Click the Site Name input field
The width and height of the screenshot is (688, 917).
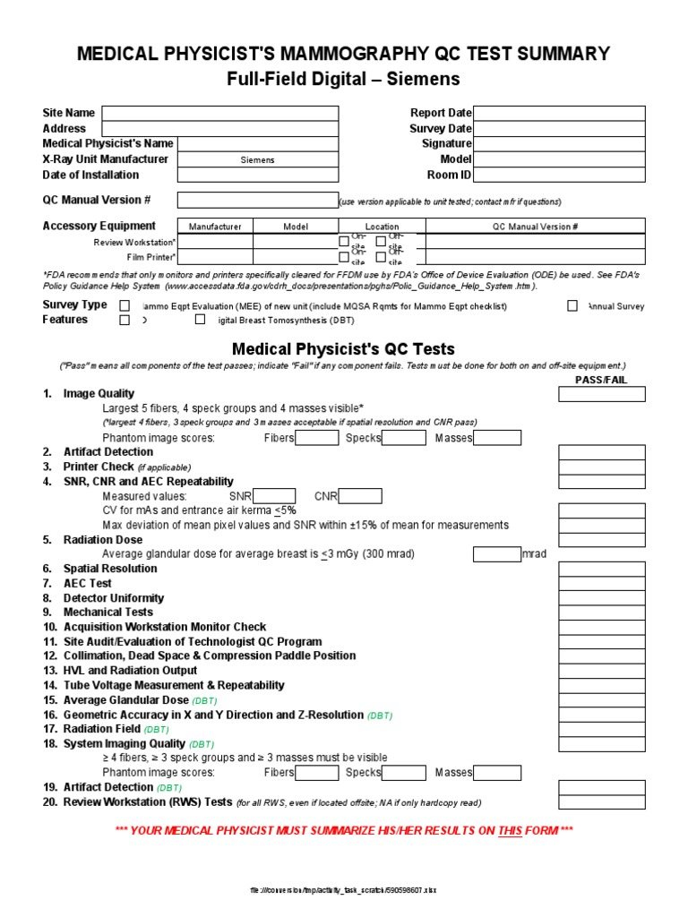click(219, 113)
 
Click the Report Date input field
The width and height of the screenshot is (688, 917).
click(559, 113)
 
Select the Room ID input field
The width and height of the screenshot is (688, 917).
click(559, 175)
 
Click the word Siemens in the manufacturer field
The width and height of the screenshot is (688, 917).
click(258, 160)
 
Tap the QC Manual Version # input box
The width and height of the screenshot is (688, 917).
click(257, 200)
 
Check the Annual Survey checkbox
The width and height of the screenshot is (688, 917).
click(572, 305)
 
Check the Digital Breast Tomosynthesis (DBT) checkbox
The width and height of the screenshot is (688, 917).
click(200, 320)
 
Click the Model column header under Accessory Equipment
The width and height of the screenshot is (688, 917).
click(296, 227)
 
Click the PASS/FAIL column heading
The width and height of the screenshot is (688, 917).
click(601, 380)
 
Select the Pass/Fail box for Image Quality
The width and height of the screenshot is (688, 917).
click(601, 394)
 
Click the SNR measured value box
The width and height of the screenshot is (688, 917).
click(274, 496)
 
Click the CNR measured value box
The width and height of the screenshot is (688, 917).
click(360, 496)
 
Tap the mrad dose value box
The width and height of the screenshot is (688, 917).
click(496, 554)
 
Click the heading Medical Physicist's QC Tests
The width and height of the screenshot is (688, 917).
click(343, 349)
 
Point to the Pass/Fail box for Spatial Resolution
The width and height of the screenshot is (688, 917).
click(601, 569)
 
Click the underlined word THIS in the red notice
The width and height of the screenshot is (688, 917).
click(510, 831)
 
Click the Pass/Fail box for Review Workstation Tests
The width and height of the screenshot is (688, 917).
click(601, 802)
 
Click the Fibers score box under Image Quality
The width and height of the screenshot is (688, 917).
click(317, 438)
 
